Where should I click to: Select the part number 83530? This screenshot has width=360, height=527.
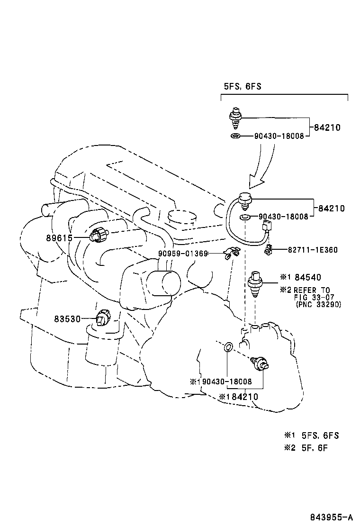pos(67,319)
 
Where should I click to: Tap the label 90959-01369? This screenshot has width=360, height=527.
pos(183,254)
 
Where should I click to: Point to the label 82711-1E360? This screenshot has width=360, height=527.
pos(313,250)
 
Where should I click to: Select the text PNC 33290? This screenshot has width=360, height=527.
pos(318,304)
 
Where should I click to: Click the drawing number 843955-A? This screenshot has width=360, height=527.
pos(332,518)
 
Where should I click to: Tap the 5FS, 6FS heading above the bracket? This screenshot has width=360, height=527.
pos(243,86)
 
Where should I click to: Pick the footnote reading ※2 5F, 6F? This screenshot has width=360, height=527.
pos(305,447)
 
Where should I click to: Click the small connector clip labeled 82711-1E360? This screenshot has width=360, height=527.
pos(268,249)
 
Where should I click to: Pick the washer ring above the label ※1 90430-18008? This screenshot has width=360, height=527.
pos(227,348)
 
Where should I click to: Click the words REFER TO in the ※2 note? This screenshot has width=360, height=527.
pos(311,291)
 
